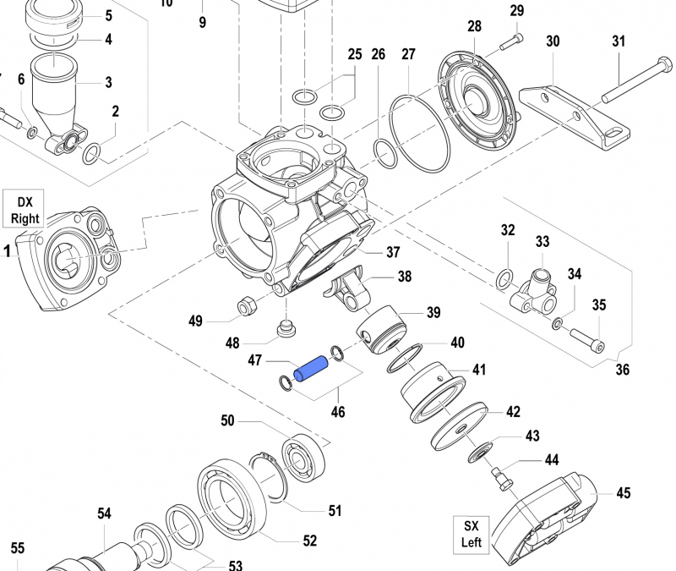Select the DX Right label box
(25, 210)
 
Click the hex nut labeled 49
(248, 305)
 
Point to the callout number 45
(623, 493)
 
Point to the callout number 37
(393, 252)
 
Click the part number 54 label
(104, 513)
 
